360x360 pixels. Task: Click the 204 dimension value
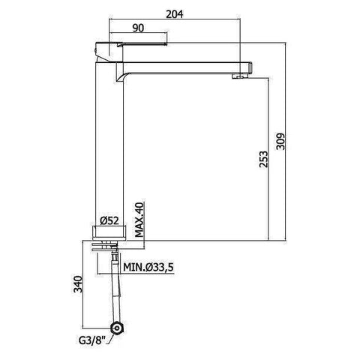point(174,11)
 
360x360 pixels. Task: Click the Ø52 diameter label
point(110,222)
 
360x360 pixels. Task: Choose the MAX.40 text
point(139,220)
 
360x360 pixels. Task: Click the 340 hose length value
point(76,285)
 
